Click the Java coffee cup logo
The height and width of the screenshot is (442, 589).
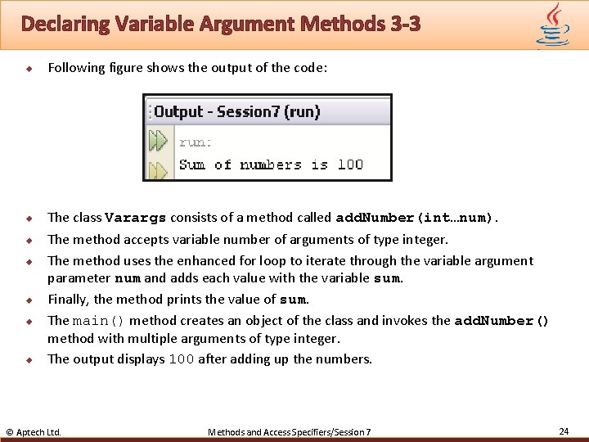(x=553, y=24)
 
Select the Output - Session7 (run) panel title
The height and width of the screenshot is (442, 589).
(x=237, y=111)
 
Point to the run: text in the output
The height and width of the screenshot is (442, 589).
(x=196, y=142)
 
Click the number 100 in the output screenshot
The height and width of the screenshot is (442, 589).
(x=350, y=165)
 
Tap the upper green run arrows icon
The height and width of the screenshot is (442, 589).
(x=158, y=141)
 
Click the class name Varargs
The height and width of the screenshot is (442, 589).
(x=136, y=218)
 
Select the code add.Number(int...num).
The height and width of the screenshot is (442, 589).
(x=416, y=218)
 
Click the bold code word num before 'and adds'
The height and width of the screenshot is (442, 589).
(x=127, y=278)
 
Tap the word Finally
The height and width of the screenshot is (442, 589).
(x=68, y=300)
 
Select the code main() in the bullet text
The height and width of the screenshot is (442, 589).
(x=99, y=321)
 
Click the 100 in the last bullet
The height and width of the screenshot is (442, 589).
(x=182, y=359)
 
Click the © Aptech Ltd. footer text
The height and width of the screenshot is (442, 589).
(x=34, y=431)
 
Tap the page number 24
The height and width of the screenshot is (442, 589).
(x=563, y=431)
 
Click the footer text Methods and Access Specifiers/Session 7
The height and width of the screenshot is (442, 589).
(x=290, y=431)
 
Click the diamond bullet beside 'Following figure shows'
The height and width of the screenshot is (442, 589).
(x=27, y=68)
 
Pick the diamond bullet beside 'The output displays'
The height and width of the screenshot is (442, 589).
(x=27, y=359)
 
